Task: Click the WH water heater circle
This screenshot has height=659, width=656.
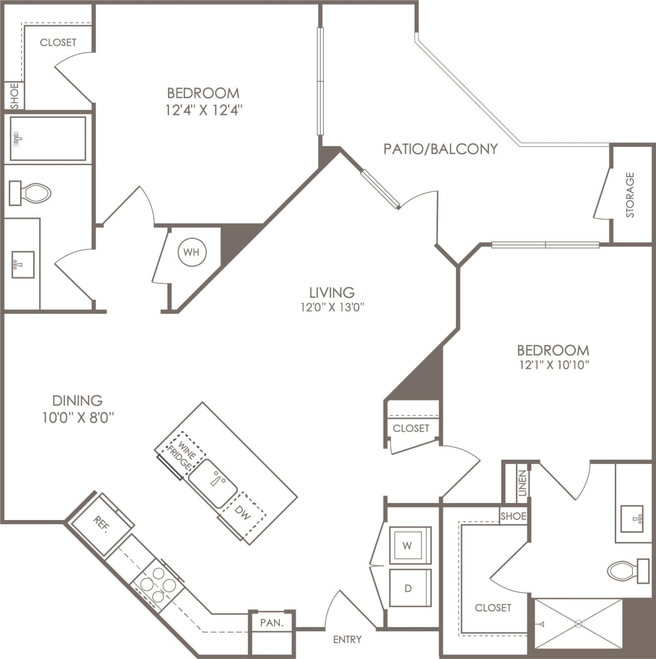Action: [192, 252]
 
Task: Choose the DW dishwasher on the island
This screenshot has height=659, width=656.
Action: [242, 513]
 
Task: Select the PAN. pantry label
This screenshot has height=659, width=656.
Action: [272, 622]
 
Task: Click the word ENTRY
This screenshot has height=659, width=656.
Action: [347, 639]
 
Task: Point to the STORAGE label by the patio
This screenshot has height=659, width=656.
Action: [630, 195]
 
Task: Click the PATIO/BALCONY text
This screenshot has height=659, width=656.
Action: [441, 149]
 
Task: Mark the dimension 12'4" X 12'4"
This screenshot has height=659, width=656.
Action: [204, 110]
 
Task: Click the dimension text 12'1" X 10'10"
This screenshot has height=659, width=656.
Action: [553, 366]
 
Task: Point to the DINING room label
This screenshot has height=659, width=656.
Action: [77, 400]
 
